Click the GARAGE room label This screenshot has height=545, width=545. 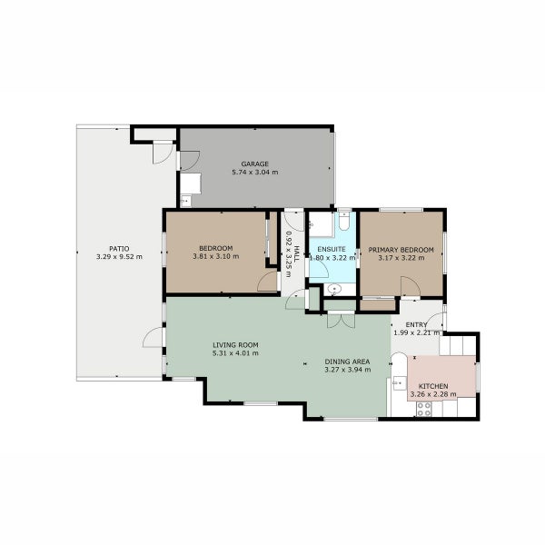pos(254,164)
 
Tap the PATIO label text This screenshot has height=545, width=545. pos(119,248)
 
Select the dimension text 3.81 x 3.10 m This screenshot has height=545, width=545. pos(215,256)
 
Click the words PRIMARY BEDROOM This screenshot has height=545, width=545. pos(401,249)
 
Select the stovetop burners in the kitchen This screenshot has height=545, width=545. pos(423,409)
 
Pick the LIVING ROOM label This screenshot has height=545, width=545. pos(236,345)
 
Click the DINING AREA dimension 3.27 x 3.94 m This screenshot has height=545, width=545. pos(348,370)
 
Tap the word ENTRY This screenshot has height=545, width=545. pos(416,325)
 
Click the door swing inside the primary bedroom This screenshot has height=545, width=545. pos(410,288)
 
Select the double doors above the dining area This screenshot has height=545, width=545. pos(341,320)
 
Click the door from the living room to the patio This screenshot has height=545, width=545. pos(153,338)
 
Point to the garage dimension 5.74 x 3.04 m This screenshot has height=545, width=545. pos(254,173)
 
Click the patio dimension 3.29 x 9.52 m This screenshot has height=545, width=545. pos(119,257)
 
